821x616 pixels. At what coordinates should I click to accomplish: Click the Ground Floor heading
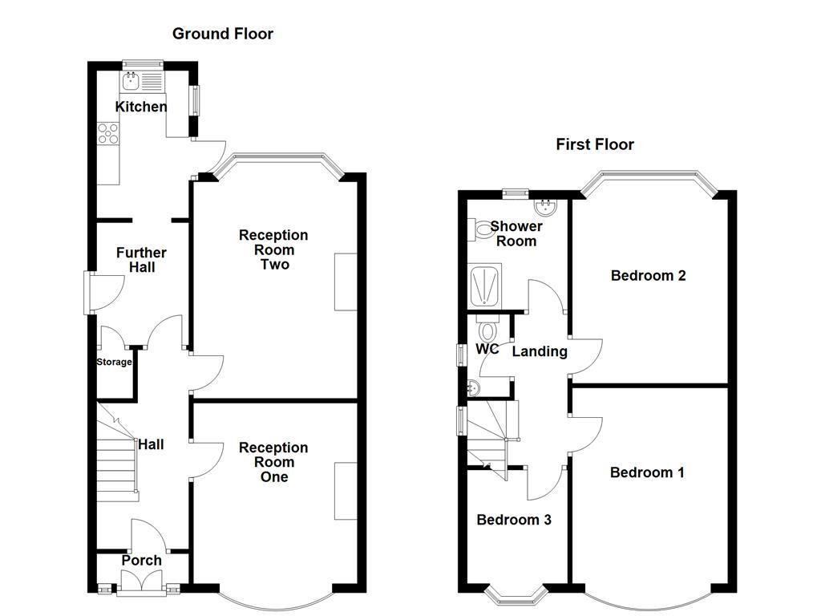[223, 34]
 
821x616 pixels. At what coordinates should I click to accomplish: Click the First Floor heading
[595, 144]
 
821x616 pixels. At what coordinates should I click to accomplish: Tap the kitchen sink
[131, 80]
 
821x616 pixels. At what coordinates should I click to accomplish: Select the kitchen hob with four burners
[107, 133]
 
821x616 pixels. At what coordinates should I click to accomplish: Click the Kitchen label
[141, 107]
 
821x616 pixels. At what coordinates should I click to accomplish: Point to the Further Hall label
[142, 260]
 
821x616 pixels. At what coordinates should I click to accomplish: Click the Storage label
[114, 363]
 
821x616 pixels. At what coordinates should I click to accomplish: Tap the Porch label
[142, 560]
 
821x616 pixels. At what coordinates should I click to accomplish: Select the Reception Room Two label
[273, 249]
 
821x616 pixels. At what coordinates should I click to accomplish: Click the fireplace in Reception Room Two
[346, 282]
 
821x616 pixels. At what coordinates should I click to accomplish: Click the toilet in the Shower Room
[482, 231]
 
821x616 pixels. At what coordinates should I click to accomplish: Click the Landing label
[540, 351]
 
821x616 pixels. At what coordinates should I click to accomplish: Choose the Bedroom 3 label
[514, 520]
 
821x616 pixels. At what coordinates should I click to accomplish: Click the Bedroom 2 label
[648, 276]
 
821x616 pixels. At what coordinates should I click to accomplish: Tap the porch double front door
[142, 584]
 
